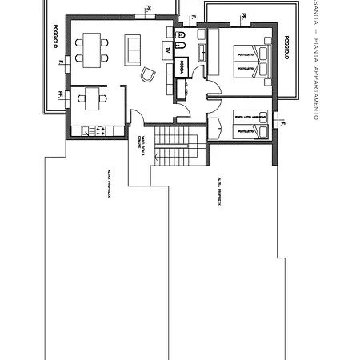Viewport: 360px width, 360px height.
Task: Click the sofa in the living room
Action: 132,50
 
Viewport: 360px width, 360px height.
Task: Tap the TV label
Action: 167,50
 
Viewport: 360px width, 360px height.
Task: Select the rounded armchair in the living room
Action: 148,74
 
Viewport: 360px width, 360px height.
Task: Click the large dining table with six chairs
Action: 91,48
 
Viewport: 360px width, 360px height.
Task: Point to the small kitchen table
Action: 92,98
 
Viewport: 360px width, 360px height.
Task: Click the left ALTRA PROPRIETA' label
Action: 110,182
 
